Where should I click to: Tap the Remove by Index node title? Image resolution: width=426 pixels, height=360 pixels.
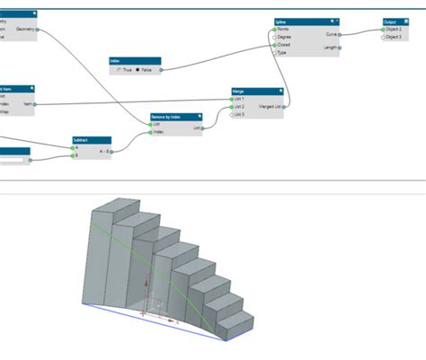(176, 117)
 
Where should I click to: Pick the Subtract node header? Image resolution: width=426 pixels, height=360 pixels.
(91, 140)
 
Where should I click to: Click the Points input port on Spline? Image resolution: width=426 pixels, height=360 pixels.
(275, 29)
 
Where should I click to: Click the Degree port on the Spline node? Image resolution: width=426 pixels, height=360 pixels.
(275, 37)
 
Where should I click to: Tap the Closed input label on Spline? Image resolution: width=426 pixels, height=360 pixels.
(284, 45)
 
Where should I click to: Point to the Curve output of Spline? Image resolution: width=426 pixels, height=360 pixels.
(331, 33)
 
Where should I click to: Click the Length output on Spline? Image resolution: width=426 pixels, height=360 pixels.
(330, 47)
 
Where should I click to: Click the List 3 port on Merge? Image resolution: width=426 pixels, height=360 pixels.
(232, 114)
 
